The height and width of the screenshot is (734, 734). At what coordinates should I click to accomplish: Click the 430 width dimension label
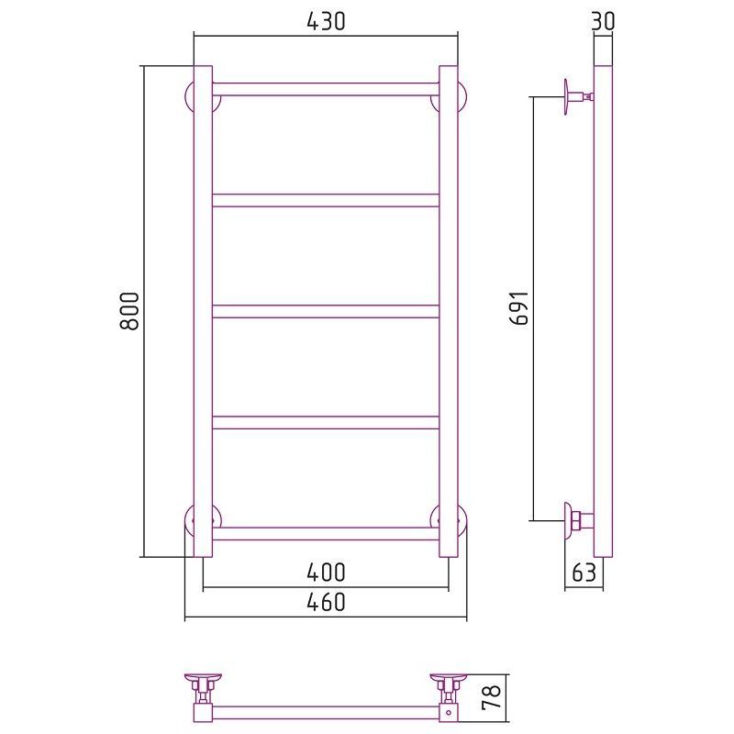coord(326,21)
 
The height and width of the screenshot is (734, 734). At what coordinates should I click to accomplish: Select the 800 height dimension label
coord(129,311)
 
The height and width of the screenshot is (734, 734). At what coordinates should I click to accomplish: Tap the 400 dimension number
coord(326,572)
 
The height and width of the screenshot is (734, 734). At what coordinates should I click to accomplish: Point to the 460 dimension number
coord(326,602)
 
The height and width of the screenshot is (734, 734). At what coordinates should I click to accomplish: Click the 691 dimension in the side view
coord(519,308)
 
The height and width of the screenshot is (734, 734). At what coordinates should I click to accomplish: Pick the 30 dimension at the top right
coord(603,21)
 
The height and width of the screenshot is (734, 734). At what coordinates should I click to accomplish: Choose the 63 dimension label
coord(584,572)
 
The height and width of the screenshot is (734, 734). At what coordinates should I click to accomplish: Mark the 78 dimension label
coord(491,696)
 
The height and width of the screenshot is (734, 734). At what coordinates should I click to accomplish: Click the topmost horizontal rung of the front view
coord(326,89)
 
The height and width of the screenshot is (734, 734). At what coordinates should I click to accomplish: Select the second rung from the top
coord(326,200)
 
